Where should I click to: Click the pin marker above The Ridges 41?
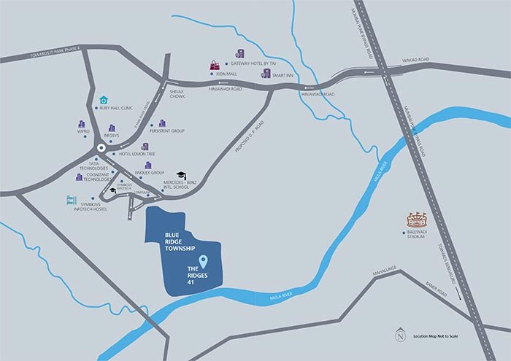click(x=204, y=261)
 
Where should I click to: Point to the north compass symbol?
click(x=399, y=337)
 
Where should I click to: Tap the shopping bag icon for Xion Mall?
click(x=215, y=65)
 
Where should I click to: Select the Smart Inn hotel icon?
click(x=266, y=73)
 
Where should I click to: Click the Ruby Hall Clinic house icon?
click(x=104, y=100)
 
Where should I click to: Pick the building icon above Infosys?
click(x=112, y=128)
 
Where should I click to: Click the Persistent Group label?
click(x=167, y=131)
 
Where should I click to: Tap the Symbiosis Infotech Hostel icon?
click(x=72, y=200)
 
